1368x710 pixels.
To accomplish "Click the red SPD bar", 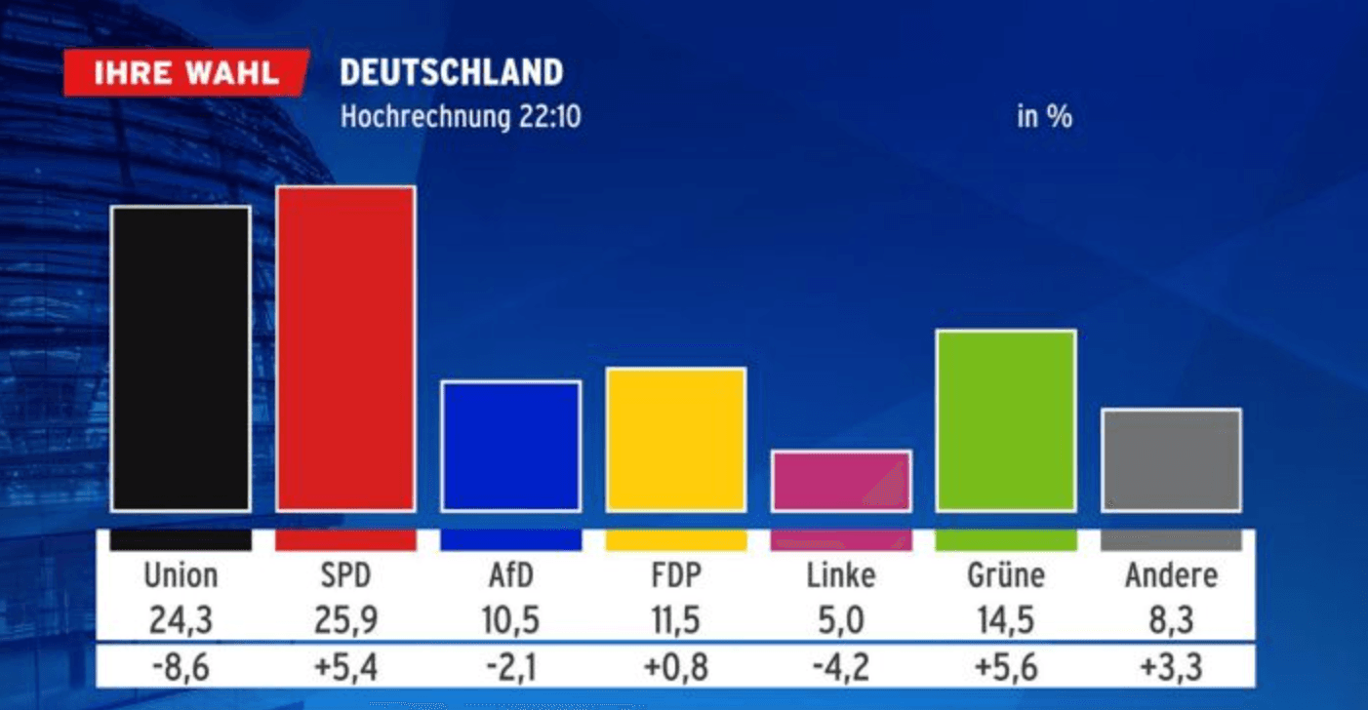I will tap(345, 348).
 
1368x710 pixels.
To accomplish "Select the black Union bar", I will tap(181, 358).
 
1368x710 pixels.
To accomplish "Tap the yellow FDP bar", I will tap(675, 439).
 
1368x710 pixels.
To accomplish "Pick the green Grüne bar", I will tap(1005, 420).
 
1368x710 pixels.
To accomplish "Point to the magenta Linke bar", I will tap(840, 481).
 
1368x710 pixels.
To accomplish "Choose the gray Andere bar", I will tap(1171, 459).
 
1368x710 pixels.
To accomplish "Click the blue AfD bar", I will tap(510, 446).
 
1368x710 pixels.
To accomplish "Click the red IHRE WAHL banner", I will tap(185, 73).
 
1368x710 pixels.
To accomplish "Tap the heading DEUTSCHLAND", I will tap(451, 72).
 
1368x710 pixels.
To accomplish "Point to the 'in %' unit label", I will tap(1044, 117).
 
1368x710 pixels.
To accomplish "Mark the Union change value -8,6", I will tap(181, 667).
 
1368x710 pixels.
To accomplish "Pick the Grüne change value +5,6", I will tap(1005, 667).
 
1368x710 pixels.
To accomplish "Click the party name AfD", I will tap(510, 575).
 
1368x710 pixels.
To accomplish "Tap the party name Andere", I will tap(1171, 575).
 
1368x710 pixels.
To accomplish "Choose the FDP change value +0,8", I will tap(675, 667).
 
